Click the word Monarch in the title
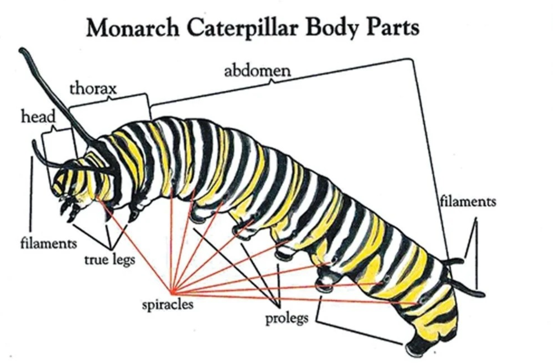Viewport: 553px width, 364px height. pos(132,28)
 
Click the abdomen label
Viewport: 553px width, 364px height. pos(257,71)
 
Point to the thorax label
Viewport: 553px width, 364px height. pos(93,89)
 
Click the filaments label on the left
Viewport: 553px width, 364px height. pos(49,243)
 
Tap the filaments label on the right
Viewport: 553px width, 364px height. pos(468,201)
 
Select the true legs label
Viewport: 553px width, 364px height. pos(110,259)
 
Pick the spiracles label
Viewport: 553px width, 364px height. pos(168,304)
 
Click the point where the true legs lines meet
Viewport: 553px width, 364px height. pos(111,248)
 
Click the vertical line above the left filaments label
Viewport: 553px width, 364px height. pos(31,193)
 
